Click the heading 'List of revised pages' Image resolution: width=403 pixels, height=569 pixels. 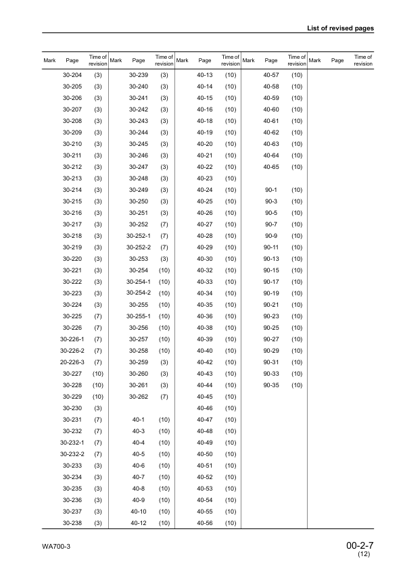point(341,28)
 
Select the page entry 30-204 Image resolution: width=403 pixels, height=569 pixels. point(72,74)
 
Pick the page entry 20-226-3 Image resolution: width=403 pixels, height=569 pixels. point(72,362)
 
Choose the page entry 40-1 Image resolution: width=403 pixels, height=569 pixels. point(139,420)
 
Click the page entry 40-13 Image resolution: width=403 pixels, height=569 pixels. point(204,74)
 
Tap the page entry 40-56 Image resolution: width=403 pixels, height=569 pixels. point(204,523)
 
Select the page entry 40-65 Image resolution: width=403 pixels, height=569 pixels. point(271,166)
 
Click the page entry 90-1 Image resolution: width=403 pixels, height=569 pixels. point(272,190)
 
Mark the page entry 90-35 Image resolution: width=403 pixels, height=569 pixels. point(271,385)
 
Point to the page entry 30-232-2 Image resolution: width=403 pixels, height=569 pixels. point(72,454)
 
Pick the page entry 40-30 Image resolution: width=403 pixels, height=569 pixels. point(204,259)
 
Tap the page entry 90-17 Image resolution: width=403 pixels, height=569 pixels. point(271,282)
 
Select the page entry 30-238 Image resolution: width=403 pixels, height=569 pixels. point(72,523)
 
